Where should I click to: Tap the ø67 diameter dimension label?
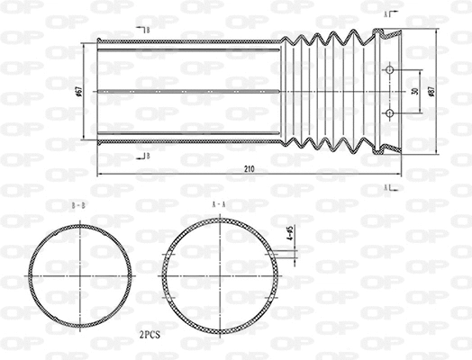click(x=81, y=92)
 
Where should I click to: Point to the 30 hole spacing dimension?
click(x=415, y=92)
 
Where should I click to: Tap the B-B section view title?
click(x=79, y=206)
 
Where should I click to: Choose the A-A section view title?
click(x=218, y=205)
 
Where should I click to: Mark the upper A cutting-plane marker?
click(x=387, y=15)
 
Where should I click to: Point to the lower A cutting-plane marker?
click(x=387, y=187)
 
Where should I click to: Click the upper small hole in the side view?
click(x=389, y=70)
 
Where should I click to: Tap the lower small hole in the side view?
click(x=389, y=112)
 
